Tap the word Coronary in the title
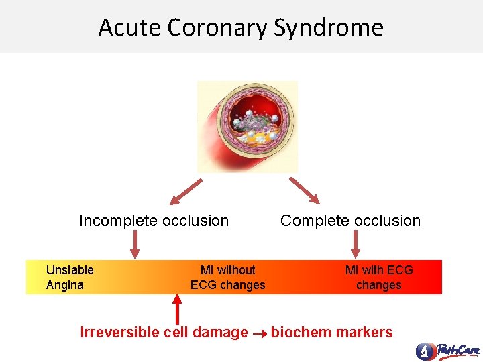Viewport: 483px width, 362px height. tap(217, 27)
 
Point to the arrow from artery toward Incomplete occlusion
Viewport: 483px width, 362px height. tap(186, 190)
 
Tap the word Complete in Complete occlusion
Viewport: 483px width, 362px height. tap(313, 221)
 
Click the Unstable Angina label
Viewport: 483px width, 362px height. tap(69, 278)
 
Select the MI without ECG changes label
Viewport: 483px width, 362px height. tap(228, 278)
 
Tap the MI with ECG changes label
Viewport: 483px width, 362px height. tap(379, 278)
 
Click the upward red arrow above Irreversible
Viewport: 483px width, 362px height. tap(178, 309)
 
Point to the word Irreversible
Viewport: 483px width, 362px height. tap(119, 333)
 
